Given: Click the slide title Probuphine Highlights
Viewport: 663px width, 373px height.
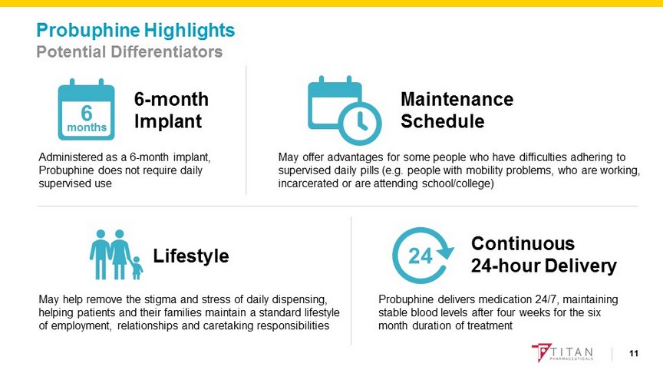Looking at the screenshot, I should click(136, 31).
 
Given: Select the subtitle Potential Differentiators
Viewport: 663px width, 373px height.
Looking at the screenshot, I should click(130, 52).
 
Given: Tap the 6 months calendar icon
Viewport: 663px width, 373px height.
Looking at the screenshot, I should click(86, 107).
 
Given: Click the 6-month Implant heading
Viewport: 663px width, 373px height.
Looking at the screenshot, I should click(171, 111).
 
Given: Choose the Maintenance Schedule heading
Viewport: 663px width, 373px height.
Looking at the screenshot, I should click(457, 111).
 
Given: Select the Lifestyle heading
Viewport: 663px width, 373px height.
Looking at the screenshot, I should click(191, 256).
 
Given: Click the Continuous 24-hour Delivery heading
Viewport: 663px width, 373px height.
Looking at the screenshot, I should click(543, 255).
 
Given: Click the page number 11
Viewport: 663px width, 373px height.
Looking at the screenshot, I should click(633, 353).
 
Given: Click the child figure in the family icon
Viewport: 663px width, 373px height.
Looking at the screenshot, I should click(137, 266).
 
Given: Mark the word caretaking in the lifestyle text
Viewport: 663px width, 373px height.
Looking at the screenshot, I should click(242, 325).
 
